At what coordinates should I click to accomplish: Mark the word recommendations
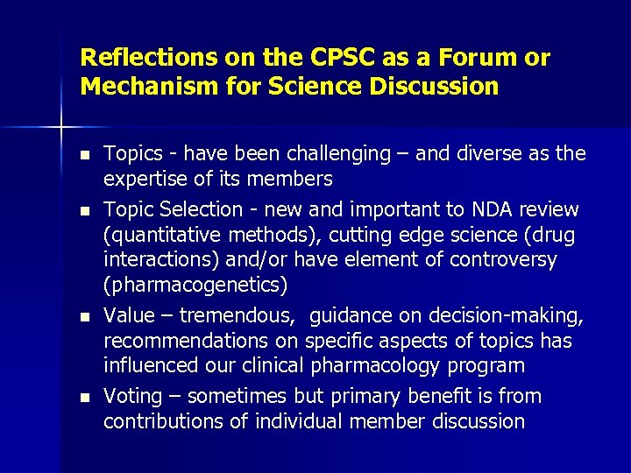[x=198, y=340]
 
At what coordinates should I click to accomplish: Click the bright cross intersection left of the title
[x=61, y=127]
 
